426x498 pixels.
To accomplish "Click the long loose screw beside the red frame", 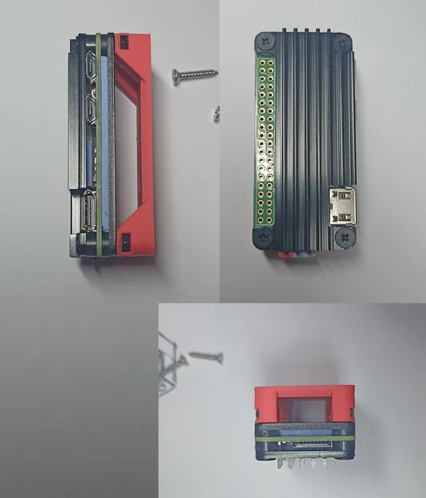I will point(194,74).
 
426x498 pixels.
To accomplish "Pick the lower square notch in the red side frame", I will point(124,238).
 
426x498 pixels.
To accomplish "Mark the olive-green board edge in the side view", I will point(98,143).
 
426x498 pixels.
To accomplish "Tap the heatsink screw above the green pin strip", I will point(262,41).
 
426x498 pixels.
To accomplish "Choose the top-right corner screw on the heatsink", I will point(344,41).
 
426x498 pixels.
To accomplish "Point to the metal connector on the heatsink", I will point(345,205).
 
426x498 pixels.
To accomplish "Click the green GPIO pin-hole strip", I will point(263,135).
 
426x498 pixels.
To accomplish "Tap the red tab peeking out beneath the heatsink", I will point(285,255).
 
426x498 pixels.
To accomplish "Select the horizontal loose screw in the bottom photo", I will point(205,355).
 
